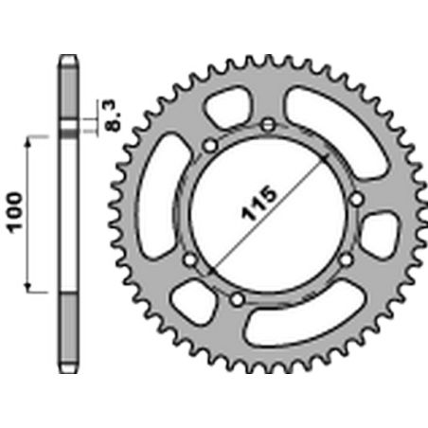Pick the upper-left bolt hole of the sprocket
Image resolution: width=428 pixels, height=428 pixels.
209,145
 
